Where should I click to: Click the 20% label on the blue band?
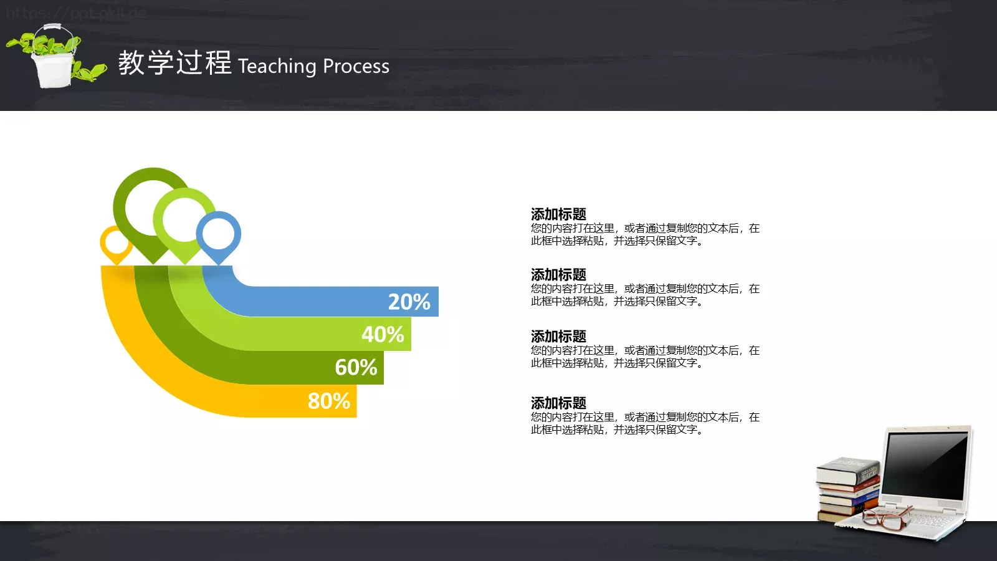coord(409,302)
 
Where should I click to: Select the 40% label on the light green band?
coord(383,335)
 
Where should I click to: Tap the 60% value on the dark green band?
coord(356,368)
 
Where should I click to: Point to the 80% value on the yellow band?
coord(329,401)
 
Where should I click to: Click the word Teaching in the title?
coord(277,66)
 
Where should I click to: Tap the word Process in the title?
coord(356,66)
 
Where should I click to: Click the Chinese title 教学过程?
coord(175,63)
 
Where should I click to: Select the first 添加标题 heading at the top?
coord(558,214)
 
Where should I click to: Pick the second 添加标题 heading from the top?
coord(558,275)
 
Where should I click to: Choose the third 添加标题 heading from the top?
coord(558,337)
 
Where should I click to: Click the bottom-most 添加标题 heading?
coord(558,403)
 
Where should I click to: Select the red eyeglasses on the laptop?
coord(888,517)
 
